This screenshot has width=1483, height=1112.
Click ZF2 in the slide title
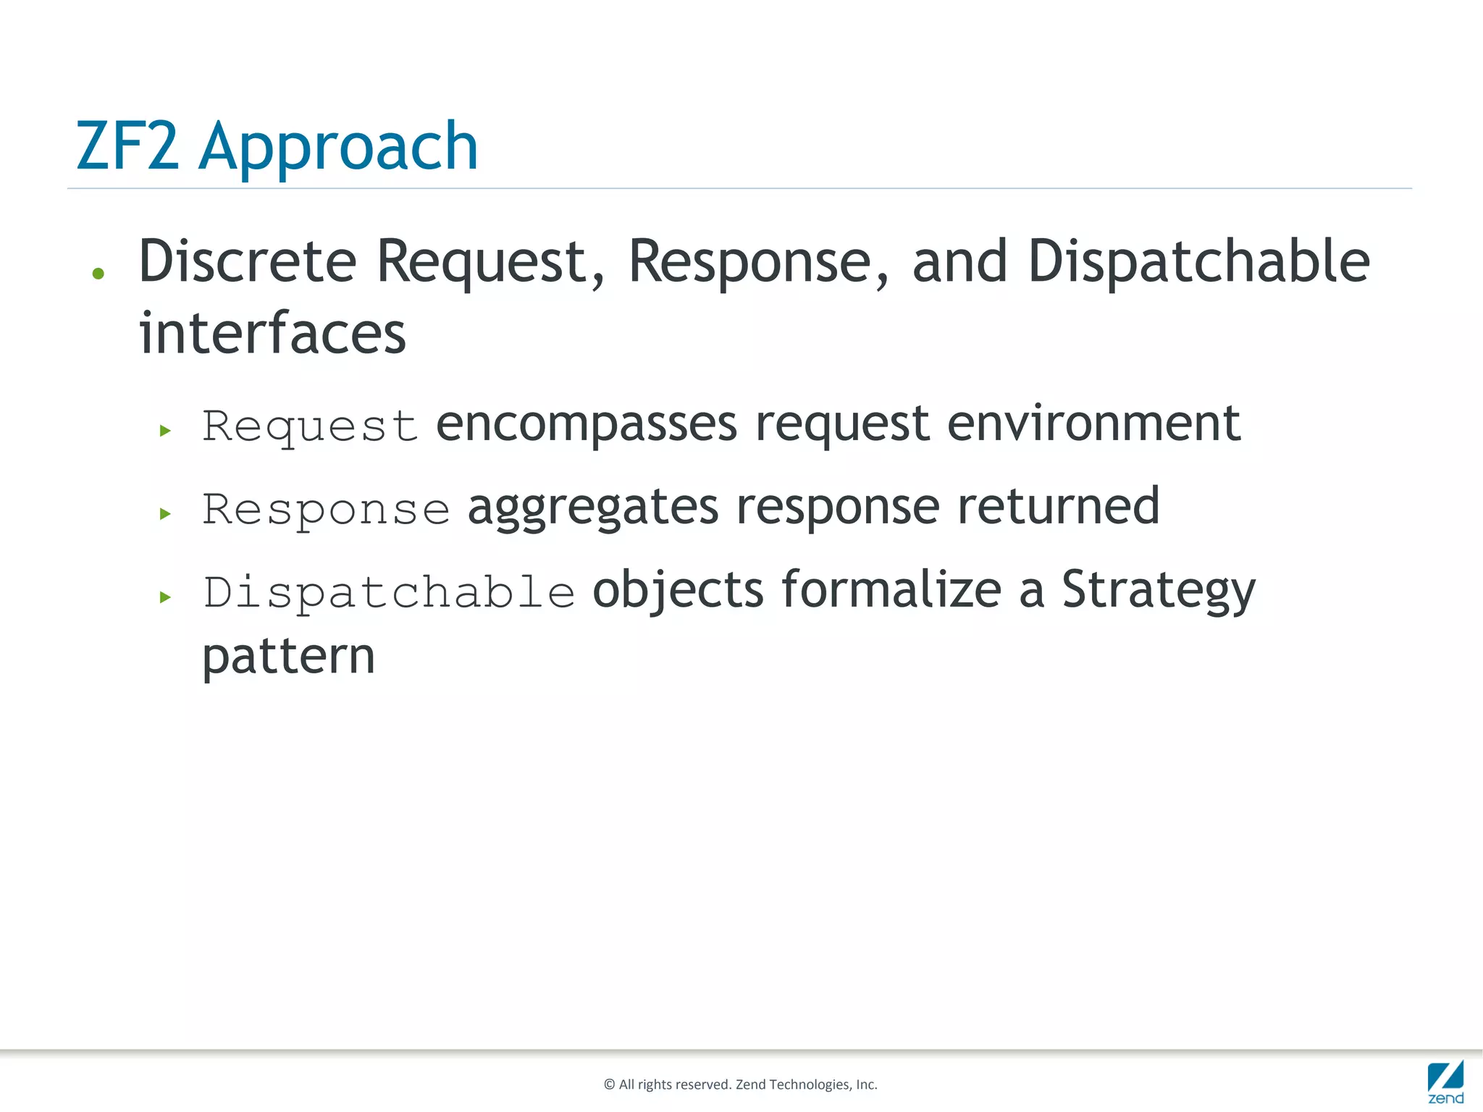click(x=127, y=147)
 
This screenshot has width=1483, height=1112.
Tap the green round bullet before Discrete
click(x=98, y=274)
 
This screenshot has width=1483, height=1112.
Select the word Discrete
click(x=248, y=261)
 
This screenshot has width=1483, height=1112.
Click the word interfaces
click(x=272, y=334)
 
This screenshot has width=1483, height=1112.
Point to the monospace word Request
click(x=310, y=426)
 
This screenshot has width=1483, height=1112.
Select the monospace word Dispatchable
click(x=389, y=593)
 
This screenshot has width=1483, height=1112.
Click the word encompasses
click(x=587, y=424)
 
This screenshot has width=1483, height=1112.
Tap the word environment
click(x=1093, y=424)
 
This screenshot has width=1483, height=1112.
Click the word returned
click(x=1059, y=507)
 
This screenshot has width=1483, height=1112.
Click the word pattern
click(x=288, y=657)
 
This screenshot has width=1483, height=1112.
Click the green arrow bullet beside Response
click(x=165, y=514)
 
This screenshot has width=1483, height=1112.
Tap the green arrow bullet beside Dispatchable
click(x=165, y=597)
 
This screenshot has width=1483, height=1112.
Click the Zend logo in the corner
click(x=1445, y=1082)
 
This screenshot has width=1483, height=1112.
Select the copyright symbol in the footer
click(x=609, y=1084)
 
